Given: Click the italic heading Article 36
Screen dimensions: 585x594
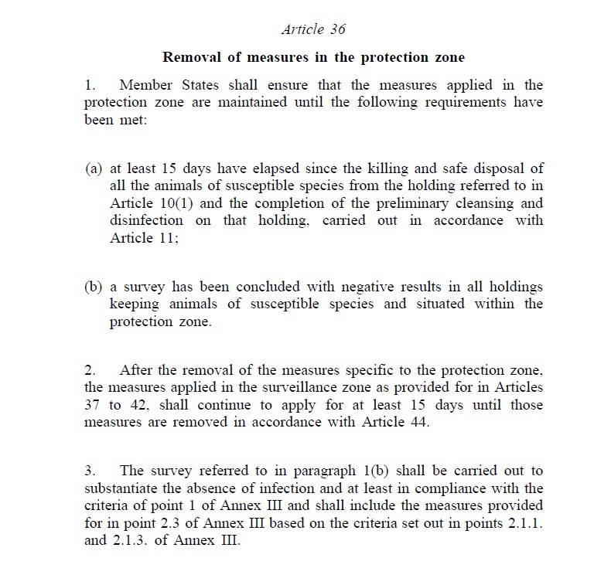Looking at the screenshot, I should [x=313, y=29].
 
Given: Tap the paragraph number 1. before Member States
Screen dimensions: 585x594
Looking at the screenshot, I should [x=90, y=85].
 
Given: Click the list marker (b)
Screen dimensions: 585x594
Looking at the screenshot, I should [x=94, y=287].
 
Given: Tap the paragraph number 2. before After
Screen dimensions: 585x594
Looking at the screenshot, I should [x=90, y=371].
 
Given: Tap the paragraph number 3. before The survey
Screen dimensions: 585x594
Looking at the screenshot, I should [x=90, y=471].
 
